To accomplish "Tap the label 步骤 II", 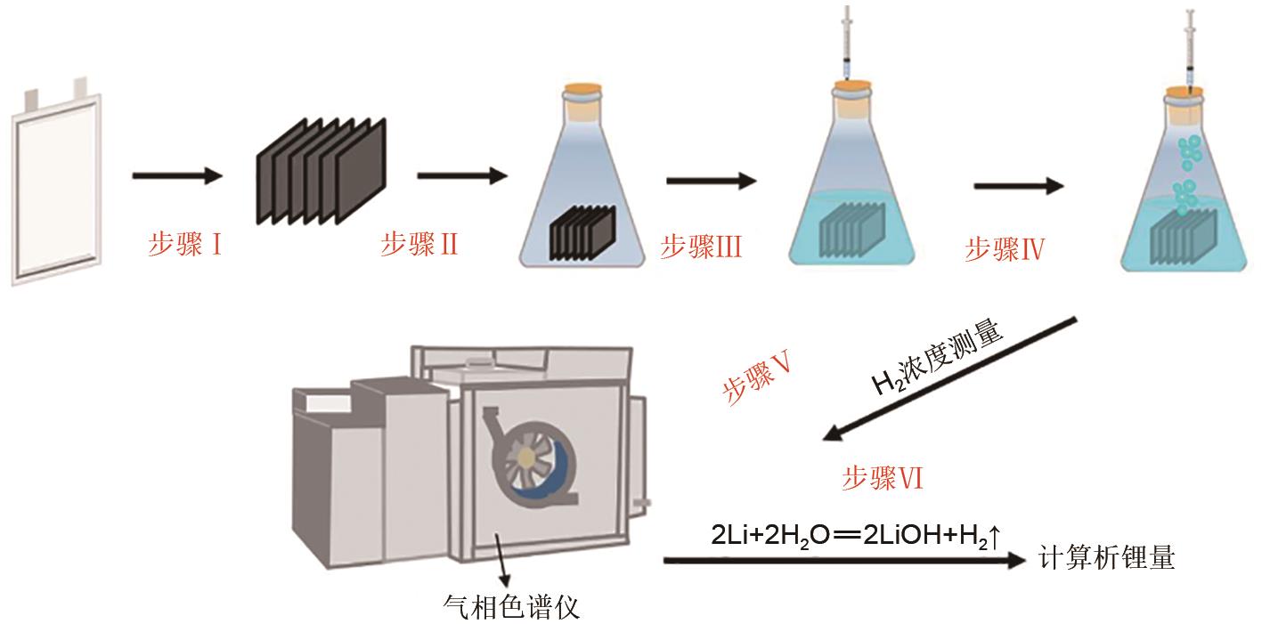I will [419, 244].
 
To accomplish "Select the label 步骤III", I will [701, 247].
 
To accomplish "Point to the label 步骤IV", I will [1005, 249].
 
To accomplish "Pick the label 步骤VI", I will [882, 479].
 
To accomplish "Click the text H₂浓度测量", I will [937, 357].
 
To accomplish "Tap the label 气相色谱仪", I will [511, 607].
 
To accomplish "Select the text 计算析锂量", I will [1106, 558].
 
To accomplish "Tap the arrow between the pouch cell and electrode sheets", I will [176, 175].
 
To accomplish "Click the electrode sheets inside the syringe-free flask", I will [582, 233].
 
